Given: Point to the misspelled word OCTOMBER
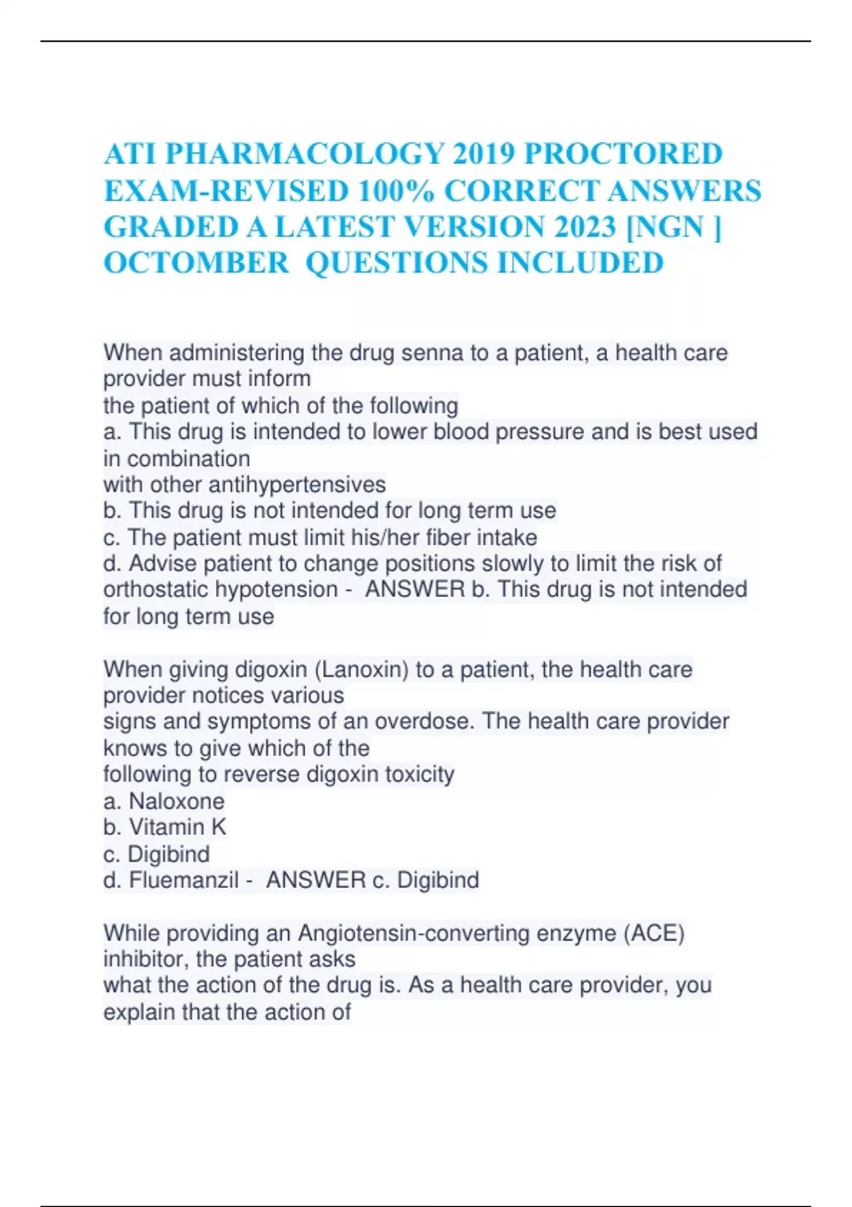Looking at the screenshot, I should pyautogui.click(x=196, y=263).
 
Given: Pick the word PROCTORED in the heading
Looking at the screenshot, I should pyautogui.click(x=623, y=154).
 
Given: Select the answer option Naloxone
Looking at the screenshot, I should pyautogui.click(x=176, y=802).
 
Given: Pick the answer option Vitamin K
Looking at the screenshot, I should pyautogui.click(x=177, y=827).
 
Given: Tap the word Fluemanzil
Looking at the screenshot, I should pyautogui.click(x=183, y=880).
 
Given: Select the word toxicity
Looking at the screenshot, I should pyautogui.click(x=419, y=774).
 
